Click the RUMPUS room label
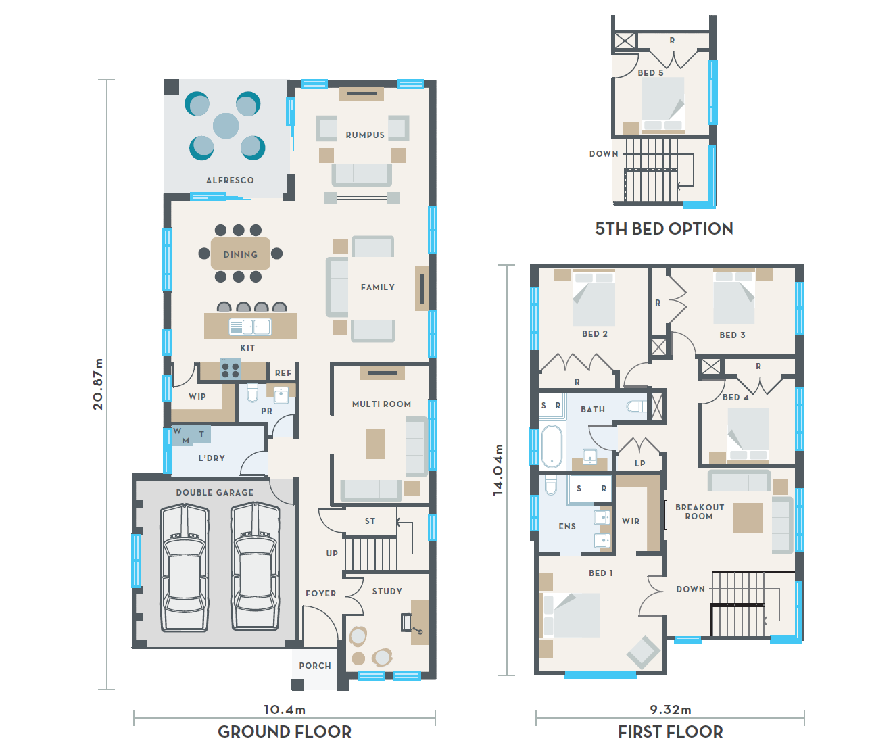(365, 135)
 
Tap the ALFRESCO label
(230, 180)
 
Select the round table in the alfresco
(226, 126)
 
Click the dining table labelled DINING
(241, 254)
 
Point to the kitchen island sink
(250, 327)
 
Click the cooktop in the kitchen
(231, 369)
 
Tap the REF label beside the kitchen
(283, 373)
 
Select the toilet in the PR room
(252, 392)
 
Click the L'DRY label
(212, 458)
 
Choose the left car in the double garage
(185, 568)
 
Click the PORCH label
(315, 665)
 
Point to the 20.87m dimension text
(98, 384)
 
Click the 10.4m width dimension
(284, 710)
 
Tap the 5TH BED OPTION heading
(664, 228)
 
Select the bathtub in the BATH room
(552, 446)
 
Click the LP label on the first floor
(640, 463)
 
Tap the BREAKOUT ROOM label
(700, 512)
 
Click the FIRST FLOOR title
(671, 732)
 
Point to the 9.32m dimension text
(671, 710)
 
